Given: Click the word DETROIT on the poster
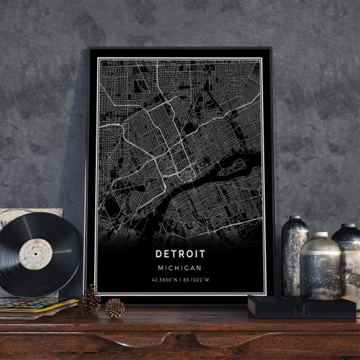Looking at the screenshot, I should click(179, 253).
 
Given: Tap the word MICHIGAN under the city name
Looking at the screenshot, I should click(179, 267).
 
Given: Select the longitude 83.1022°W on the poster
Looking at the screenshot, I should click(199, 279).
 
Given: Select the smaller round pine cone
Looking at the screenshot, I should click(114, 308).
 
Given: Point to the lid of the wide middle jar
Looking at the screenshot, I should click(320, 236).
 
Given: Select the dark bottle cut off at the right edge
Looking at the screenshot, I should click(348, 259).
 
